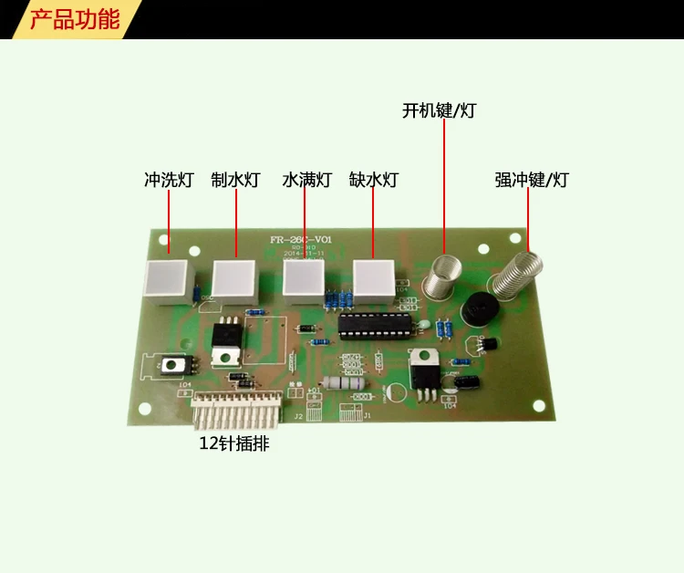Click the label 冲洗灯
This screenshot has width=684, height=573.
coord(169,180)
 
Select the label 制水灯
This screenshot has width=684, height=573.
coord(236,180)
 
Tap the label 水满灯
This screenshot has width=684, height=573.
coord(307,180)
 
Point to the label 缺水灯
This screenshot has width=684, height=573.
coord(374,180)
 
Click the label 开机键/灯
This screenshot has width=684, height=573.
coord(439,111)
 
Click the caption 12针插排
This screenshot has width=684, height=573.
coord(234,444)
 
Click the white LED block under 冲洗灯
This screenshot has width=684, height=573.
coord(166,278)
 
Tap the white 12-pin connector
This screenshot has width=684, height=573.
coord(236,412)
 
